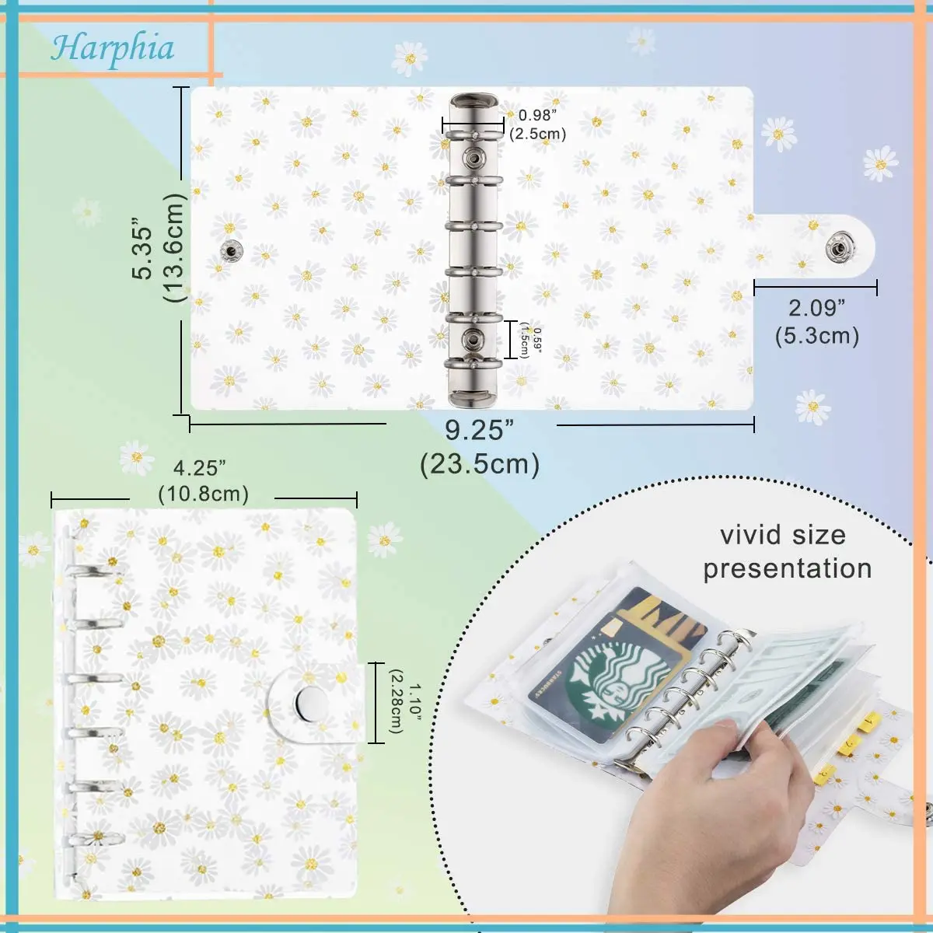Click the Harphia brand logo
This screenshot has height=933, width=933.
pos(113,48)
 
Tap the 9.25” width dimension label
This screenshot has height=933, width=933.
pos(479,430)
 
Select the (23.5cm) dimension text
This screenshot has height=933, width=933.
pos(479,464)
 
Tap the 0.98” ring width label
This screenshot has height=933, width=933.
pos(538,115)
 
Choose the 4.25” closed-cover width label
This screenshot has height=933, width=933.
pos(200,468)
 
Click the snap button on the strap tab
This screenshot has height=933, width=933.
pos(837,248)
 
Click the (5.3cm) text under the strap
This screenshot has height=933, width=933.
pos(816,336)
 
